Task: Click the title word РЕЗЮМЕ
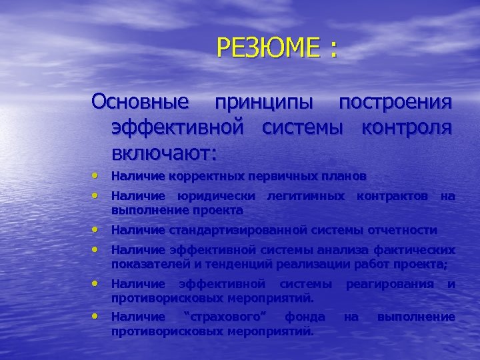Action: pos(265,49)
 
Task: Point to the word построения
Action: pos(396,103)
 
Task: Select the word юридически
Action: pos(216,196)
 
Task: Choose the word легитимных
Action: pos(305,196)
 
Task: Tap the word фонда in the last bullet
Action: pos(305,317)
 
